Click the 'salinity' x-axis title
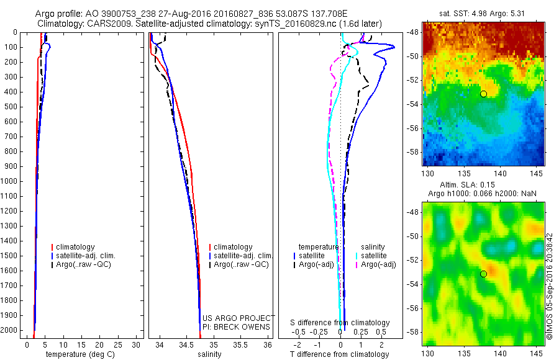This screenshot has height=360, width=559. tap(209, 354)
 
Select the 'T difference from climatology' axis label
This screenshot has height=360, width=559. tap(339, 354)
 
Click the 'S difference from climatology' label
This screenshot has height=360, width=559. tap(340, 323)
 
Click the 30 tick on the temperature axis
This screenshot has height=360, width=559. tap(137, 344)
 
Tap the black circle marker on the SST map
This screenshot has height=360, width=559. tap(483, 94)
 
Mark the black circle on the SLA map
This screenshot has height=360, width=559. tap(483, 274)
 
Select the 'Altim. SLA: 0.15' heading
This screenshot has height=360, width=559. tap(483, 186)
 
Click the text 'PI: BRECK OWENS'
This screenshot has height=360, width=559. tap(237, 327)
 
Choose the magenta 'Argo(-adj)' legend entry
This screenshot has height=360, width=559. tap(378, 265)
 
